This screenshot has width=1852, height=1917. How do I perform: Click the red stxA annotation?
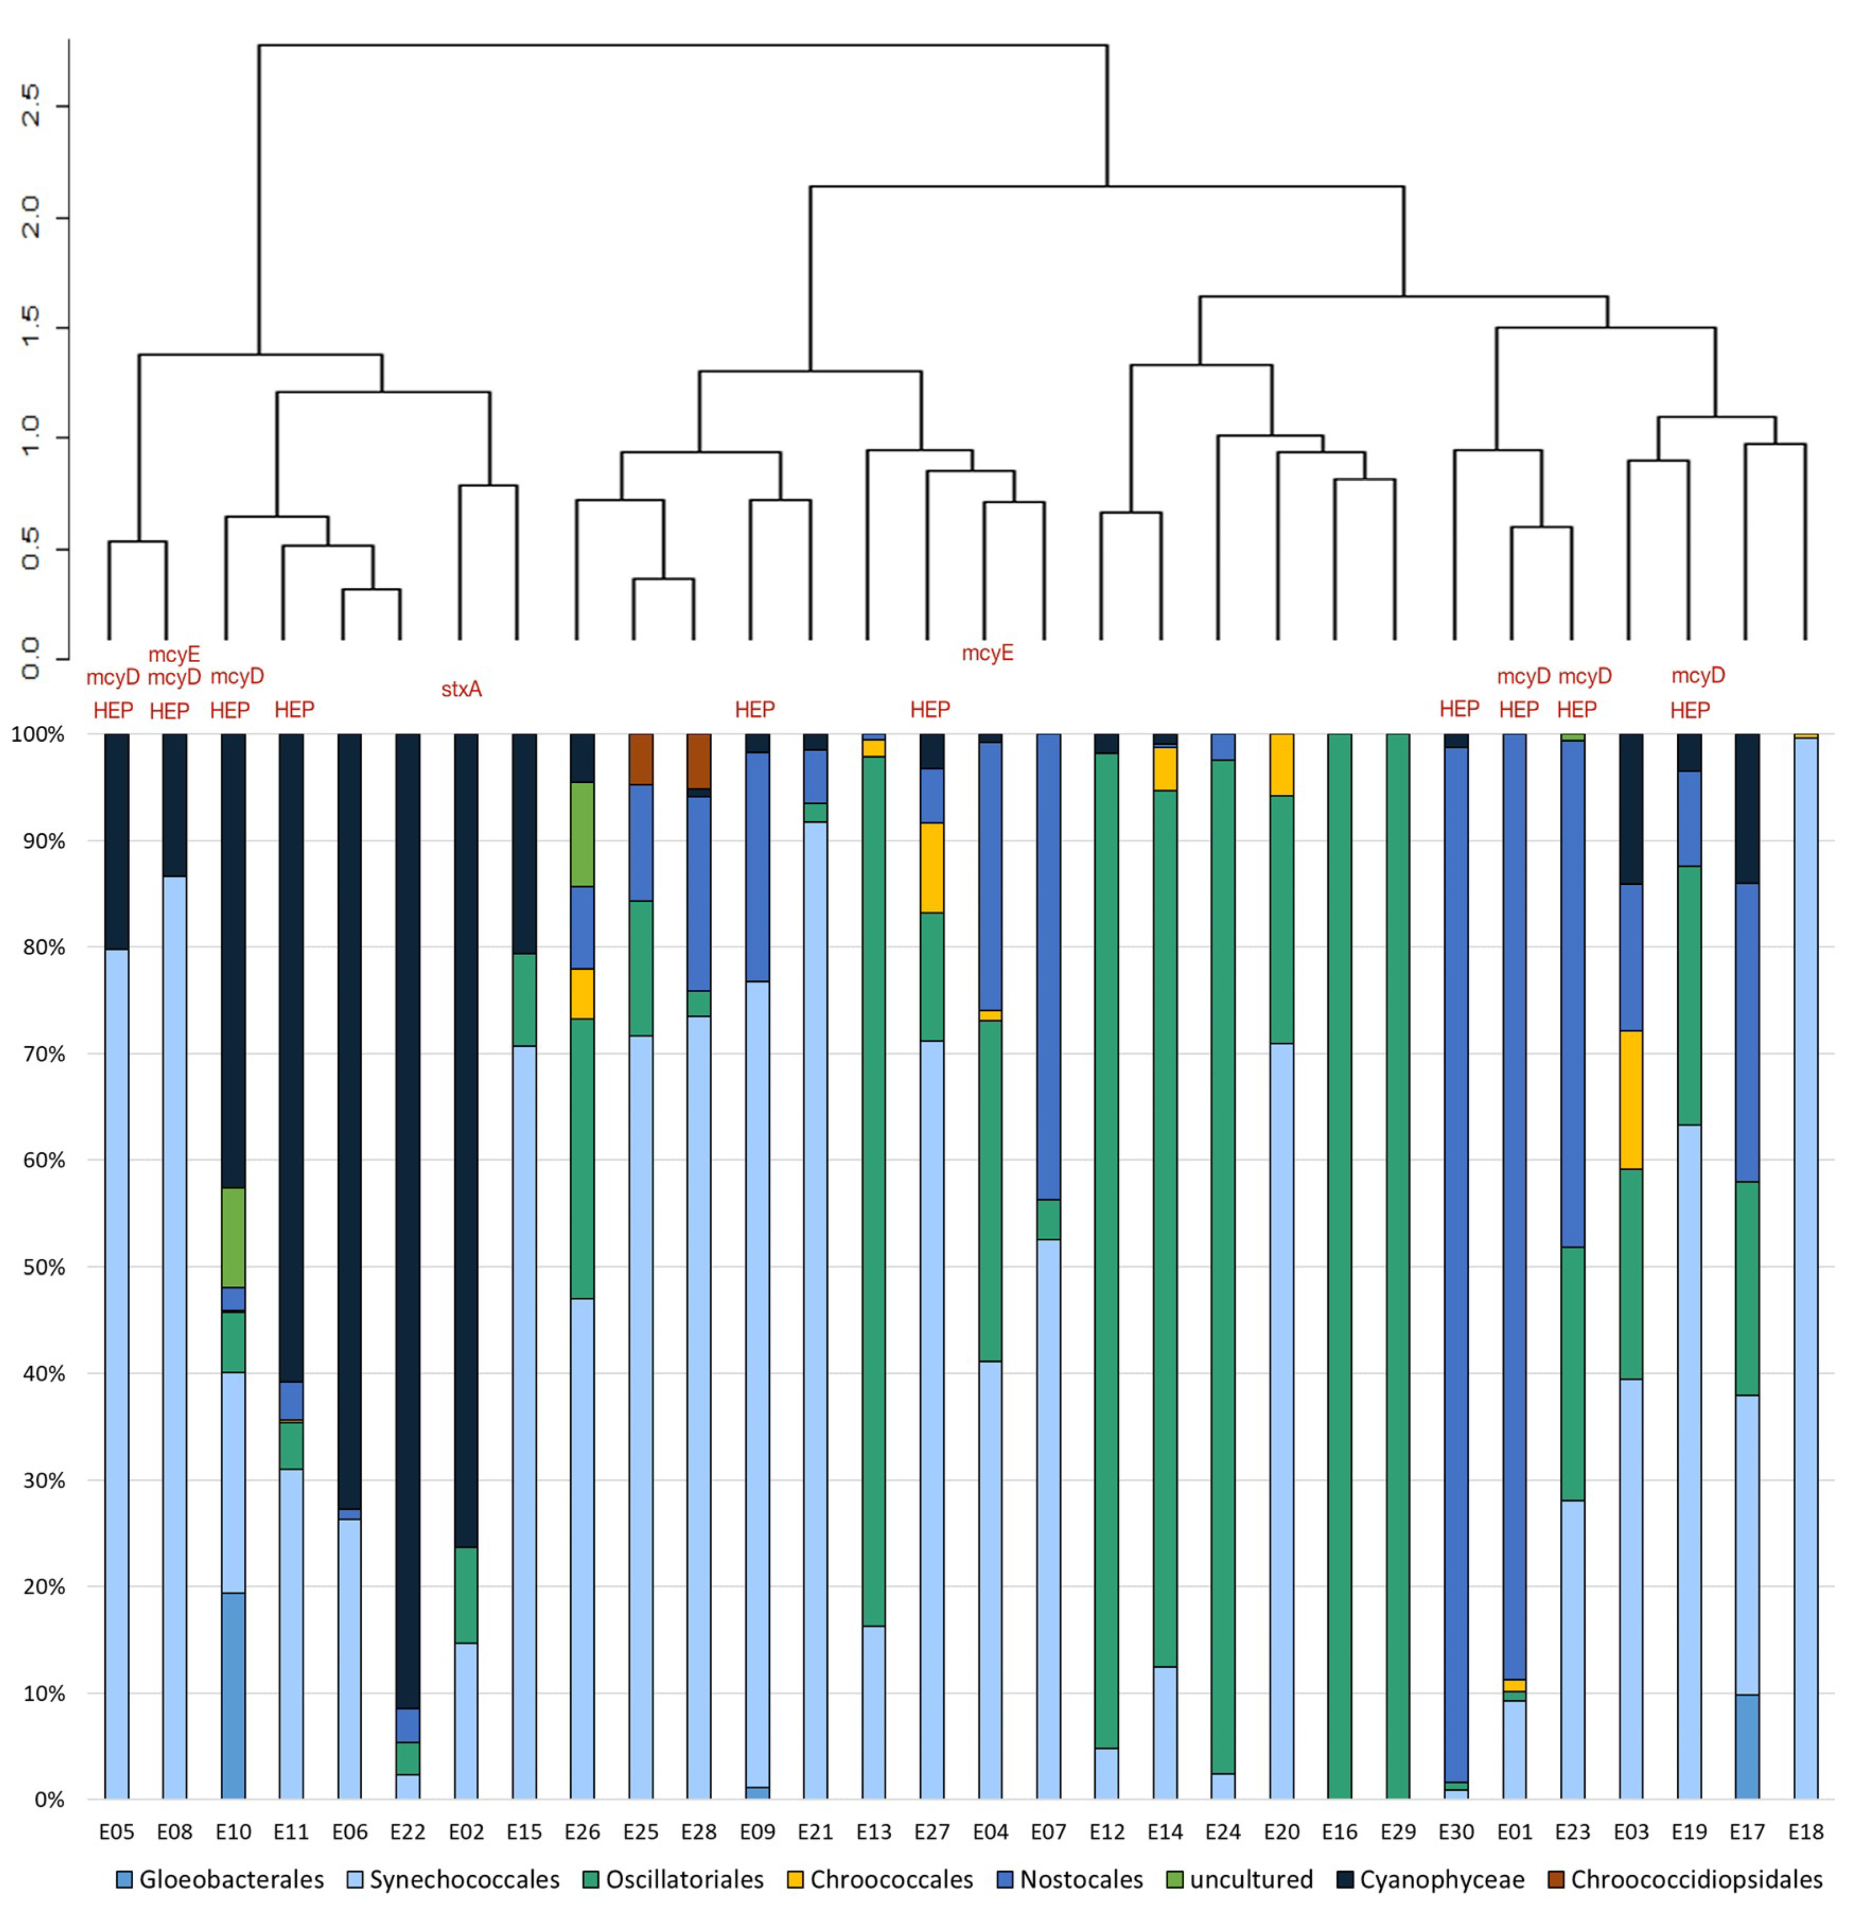click(462, 689)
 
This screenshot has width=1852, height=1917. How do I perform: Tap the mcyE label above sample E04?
click(988, 653)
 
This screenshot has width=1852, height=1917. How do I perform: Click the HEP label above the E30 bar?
click(1459, 709)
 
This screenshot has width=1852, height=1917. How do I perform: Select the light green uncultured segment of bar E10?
click(233, 1237)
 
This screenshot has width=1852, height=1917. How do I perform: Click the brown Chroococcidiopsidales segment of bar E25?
click(640, 759)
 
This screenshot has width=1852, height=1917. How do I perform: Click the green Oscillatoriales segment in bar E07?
click(1048, 1219)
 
